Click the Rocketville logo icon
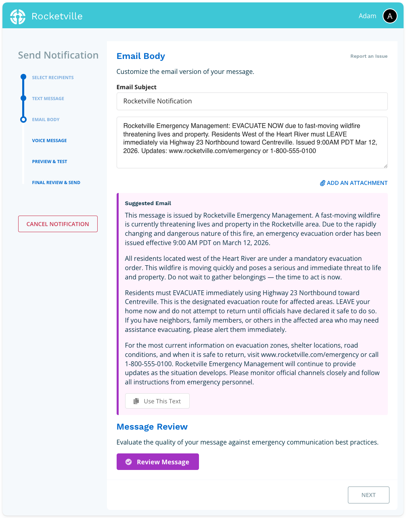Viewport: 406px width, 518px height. click(18, 16)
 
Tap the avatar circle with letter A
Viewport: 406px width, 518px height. click(389, 16)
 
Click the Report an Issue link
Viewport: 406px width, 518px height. click(368, 56)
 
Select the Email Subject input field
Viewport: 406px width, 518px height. click(252, 101)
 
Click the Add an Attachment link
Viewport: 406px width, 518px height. click(357, 183)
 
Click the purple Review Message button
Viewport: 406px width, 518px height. click(157, 462)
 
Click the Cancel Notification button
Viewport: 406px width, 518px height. click(58, 224)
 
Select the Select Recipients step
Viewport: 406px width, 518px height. click(53, 78)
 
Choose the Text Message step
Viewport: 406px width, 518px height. click(48, 99)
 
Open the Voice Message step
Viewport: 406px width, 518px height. click(49, 141)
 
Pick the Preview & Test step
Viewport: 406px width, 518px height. click(50, 161)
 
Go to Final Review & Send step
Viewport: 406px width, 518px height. click(56, 182)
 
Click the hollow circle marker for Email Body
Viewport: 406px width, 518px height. click(23, 120)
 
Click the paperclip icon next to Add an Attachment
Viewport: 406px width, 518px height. click(322, 183)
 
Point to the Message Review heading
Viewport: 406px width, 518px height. click(152, 427)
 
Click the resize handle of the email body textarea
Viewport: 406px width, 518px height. click(385, 166)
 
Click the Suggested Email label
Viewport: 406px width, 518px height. click(148, 203)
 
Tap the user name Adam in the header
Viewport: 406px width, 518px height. click(367, 16)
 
